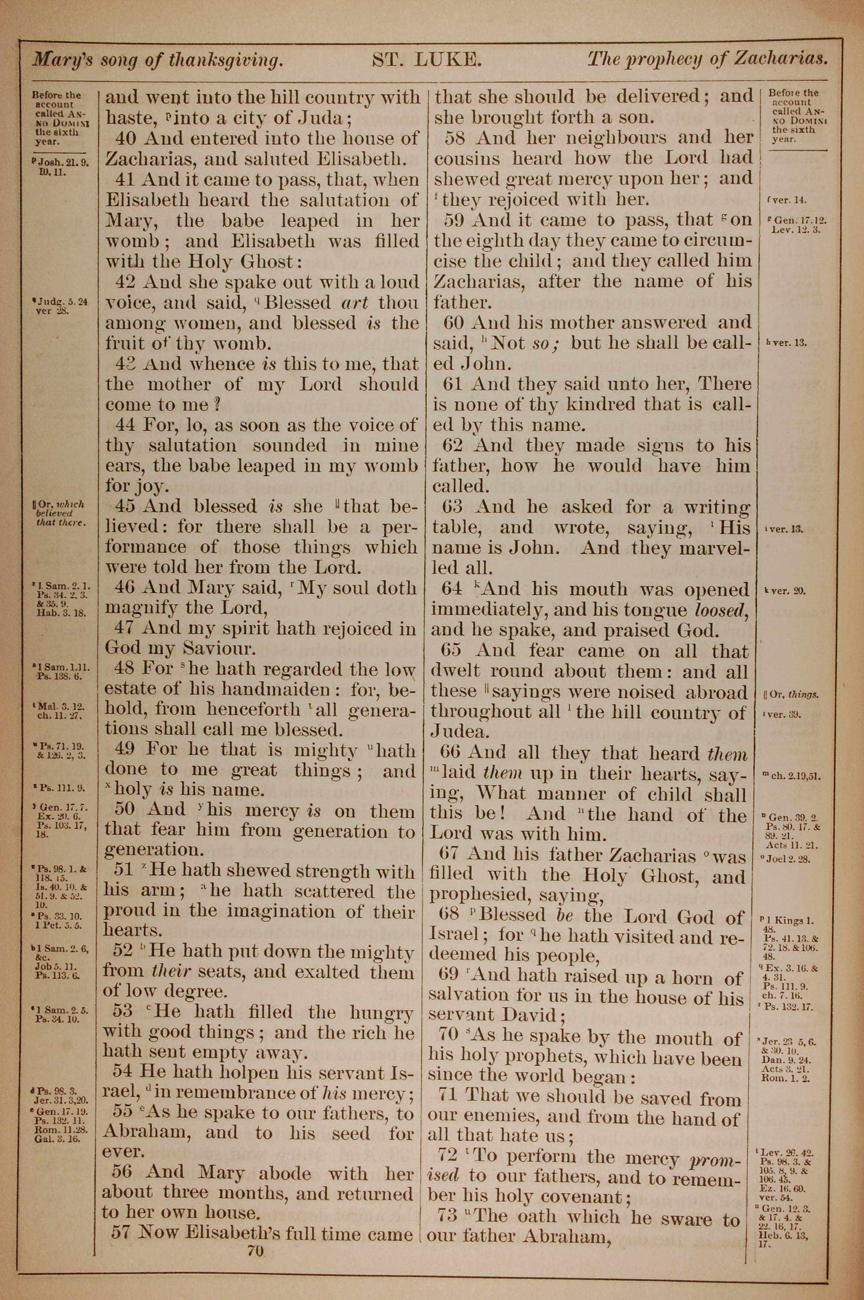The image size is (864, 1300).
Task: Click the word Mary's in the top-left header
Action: tap(62, 59)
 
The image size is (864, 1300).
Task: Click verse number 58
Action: tap(456, 137)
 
